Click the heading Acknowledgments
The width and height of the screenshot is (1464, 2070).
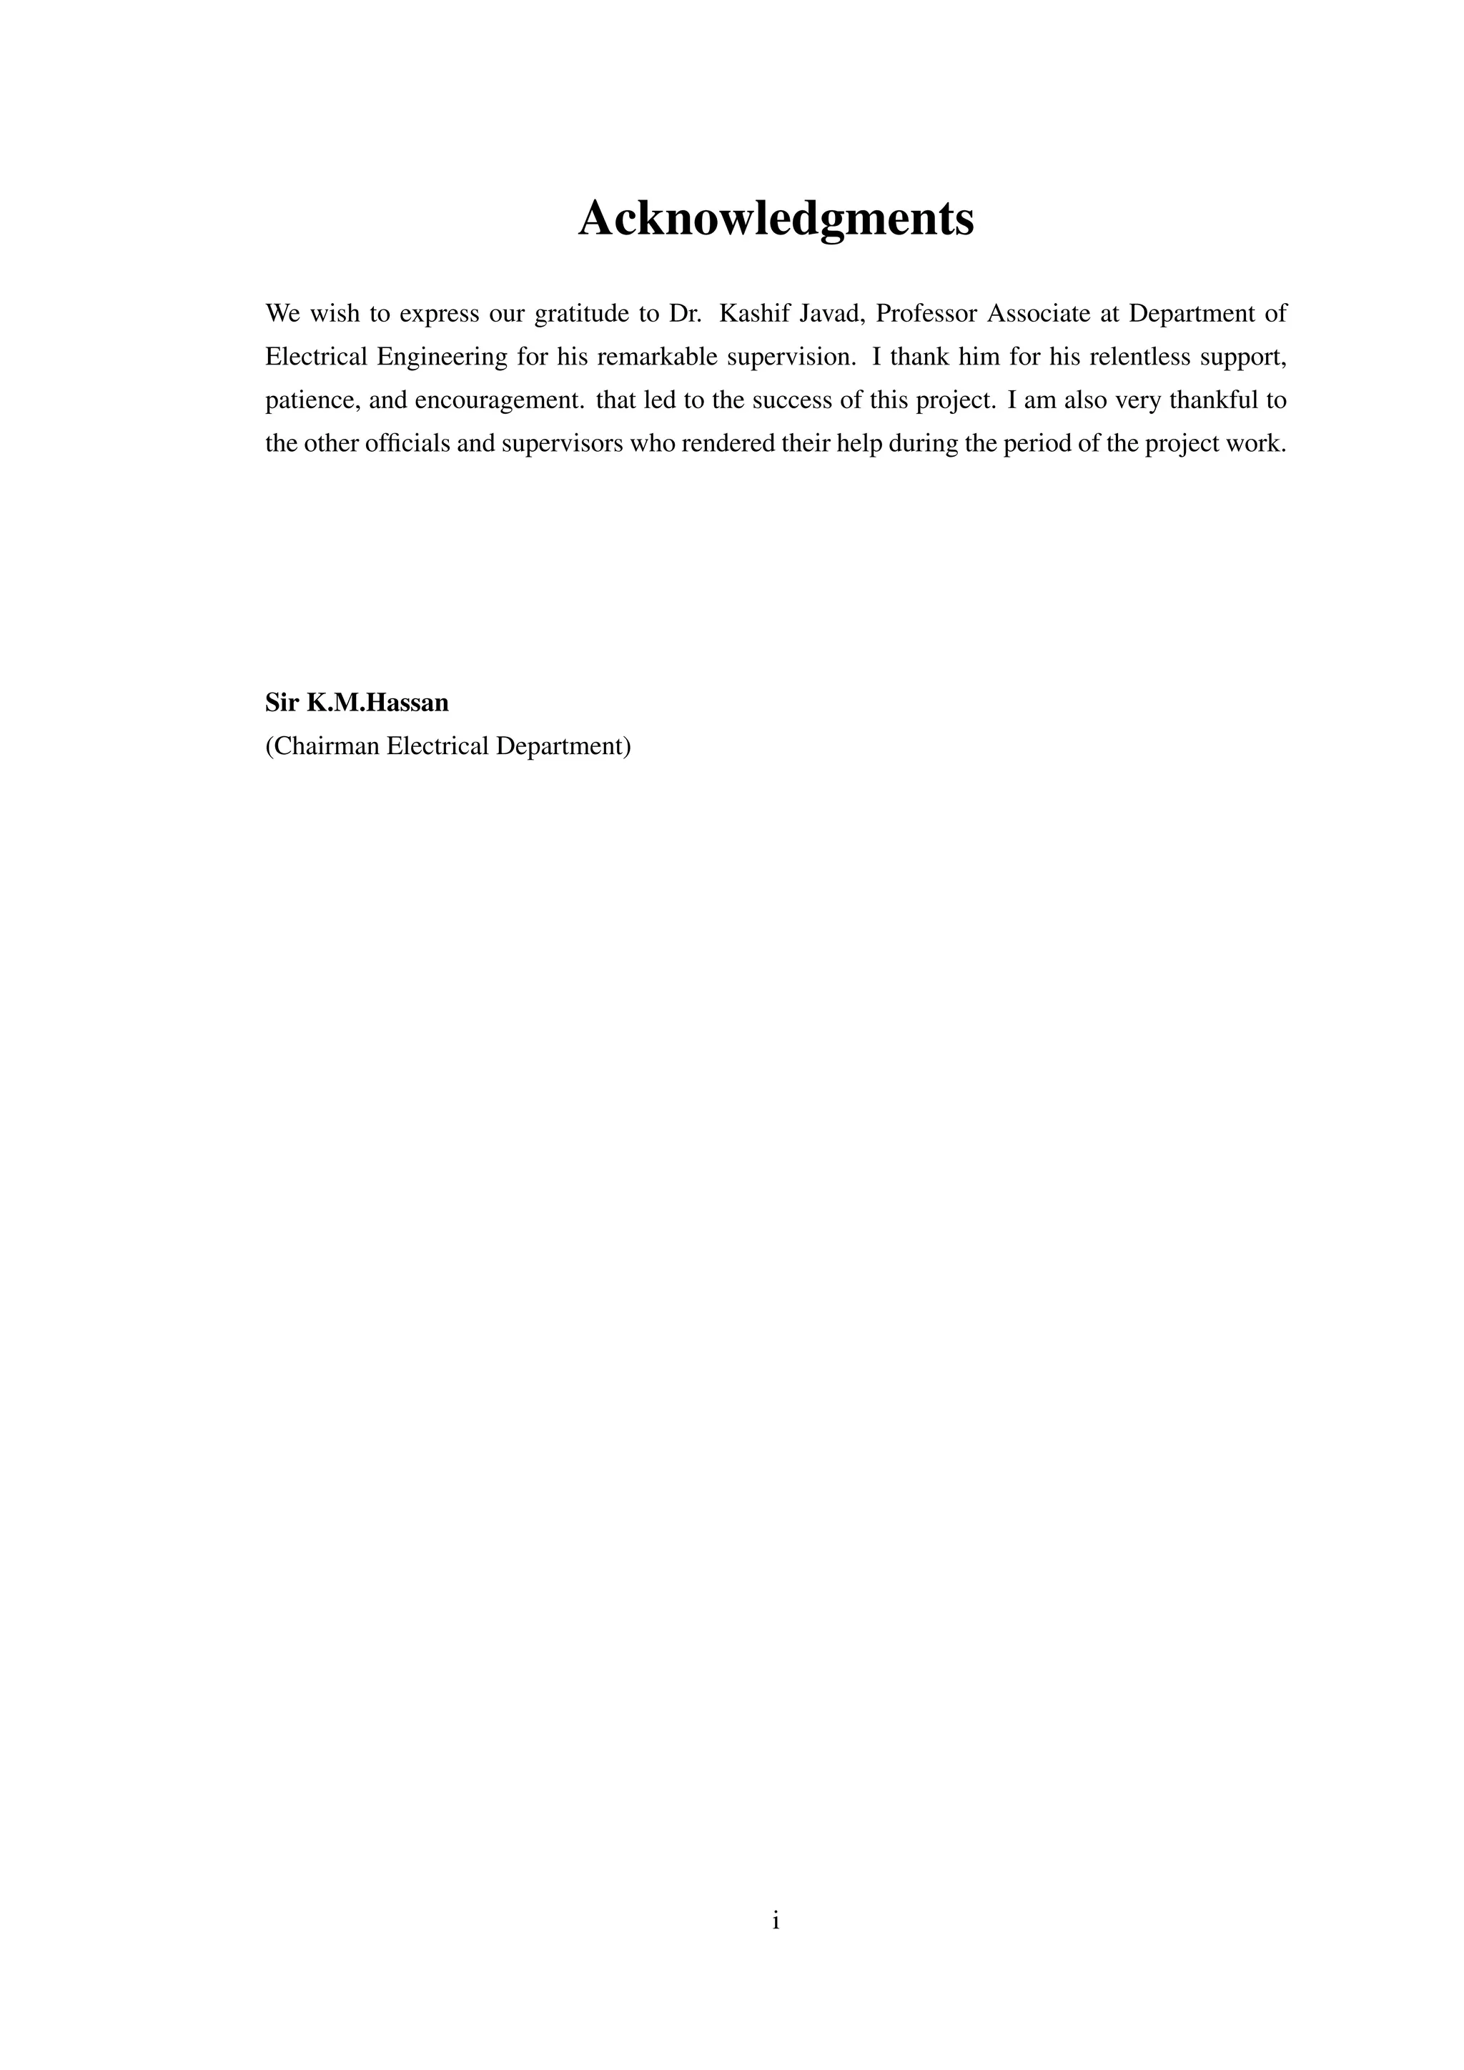coord(776,219)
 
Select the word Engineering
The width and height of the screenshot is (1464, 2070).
coord(442,358)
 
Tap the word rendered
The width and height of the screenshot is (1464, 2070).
coord(721,445)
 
